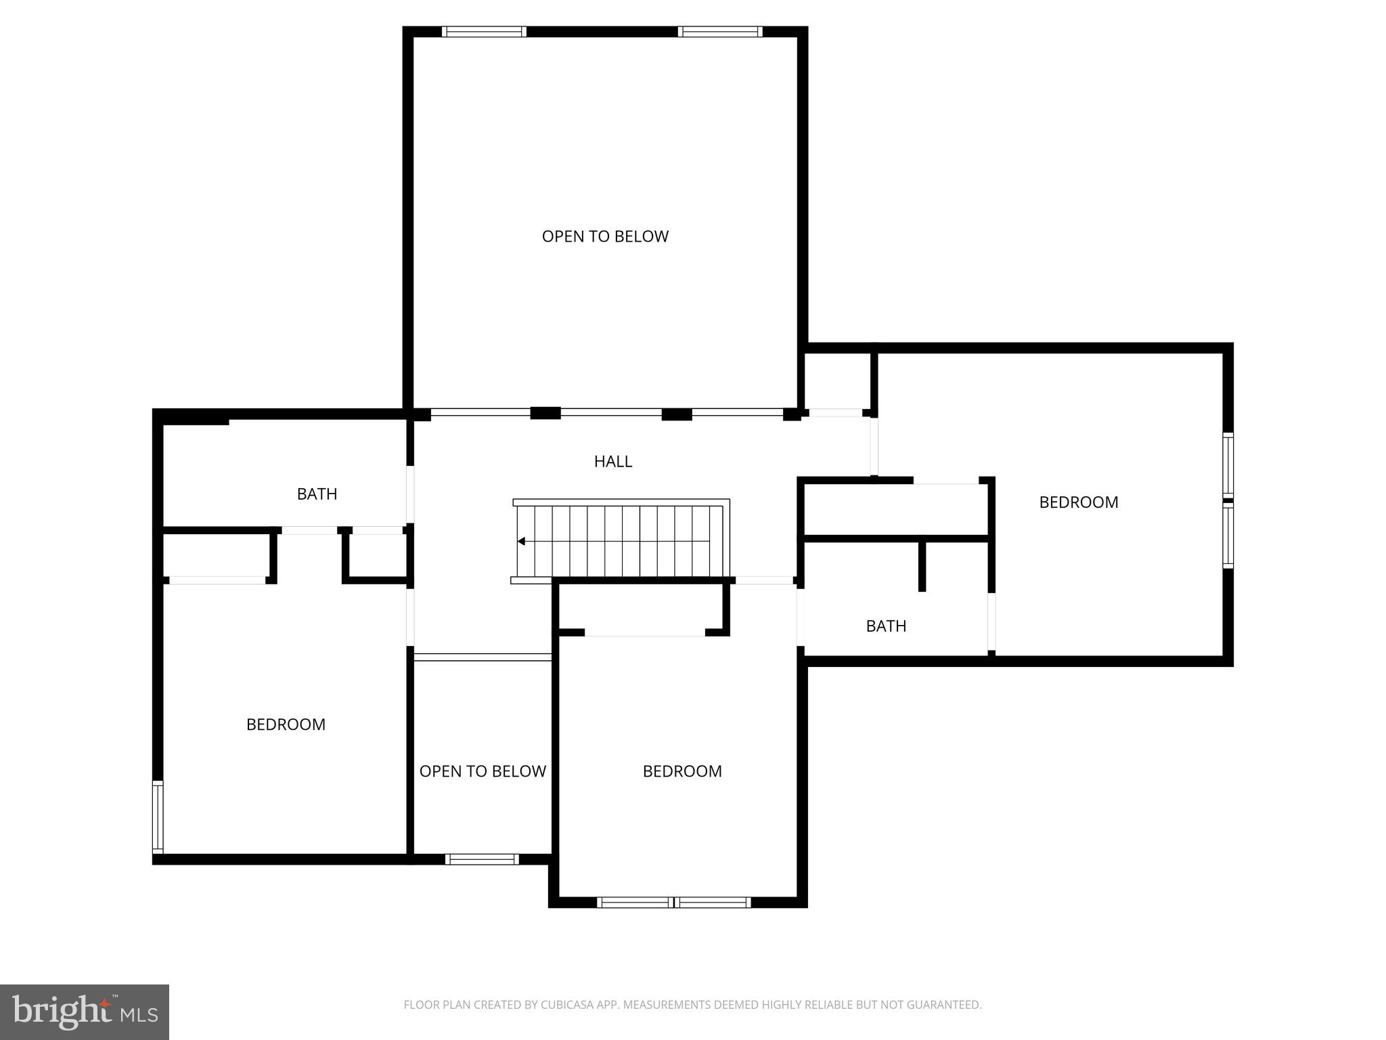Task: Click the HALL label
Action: (x=612, y=462)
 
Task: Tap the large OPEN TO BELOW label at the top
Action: (x=605, y=236)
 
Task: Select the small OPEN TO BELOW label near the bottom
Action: (x=483, y=771)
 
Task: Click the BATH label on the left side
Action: (x=317, y=494)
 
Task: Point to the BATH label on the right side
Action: (x=886, y=626)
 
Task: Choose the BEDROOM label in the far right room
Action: (x=1078, y=502)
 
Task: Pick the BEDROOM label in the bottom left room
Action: (x=286, y=724)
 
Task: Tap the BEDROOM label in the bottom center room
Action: (x=682, y=771)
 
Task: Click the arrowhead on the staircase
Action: (x=521, y=541)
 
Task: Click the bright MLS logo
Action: (x=85, y=1012)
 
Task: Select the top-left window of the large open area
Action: (x=484, y=32)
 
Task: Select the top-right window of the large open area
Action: (x=720, y=32)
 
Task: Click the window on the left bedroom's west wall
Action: (x=158, y=817)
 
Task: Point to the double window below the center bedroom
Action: (x=674, y=902)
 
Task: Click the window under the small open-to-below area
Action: (x=482, y=859)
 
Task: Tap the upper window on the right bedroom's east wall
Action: (x=1228, y=465)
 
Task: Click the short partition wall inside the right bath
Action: (x=922, y=566)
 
